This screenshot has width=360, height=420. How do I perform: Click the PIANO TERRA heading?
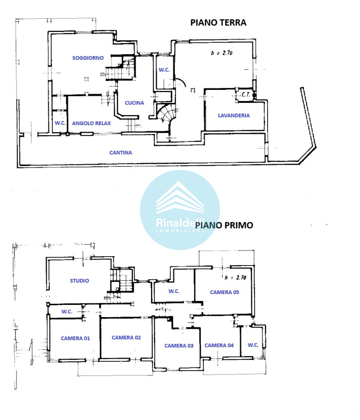pos(218,23)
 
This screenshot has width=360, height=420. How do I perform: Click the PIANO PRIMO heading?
pos(224,225)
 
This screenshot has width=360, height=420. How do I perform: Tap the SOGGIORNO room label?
pos(88,58)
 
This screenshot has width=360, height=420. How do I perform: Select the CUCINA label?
pos(134,103)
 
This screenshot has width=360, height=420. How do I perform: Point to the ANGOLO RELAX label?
pos(91,123)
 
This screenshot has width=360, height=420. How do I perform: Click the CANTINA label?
pos(121,153)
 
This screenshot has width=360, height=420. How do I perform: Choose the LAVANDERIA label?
pos(234,115)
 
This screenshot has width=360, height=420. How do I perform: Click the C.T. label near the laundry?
pos(246,94)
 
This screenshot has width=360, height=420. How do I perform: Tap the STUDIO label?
pos(80,281)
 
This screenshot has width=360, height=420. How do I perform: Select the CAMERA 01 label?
pos(75,338)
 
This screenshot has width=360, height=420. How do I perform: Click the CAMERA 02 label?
pos(126,338)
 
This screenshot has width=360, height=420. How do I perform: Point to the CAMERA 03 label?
pos(179,346)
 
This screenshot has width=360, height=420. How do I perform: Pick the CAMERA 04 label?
pos(219,346)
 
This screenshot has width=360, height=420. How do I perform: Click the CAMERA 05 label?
pos(224,292)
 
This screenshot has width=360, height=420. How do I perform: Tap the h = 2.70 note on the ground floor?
pos(222,53)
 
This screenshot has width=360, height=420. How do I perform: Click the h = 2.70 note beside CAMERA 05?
pos(235,278)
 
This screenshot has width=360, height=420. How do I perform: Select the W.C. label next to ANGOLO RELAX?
pos(60,123)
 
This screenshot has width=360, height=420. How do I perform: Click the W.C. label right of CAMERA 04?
pos(253,345)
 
